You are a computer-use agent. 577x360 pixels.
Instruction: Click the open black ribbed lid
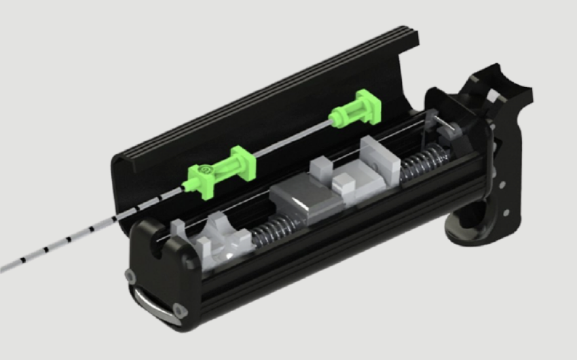[x=258, y=102]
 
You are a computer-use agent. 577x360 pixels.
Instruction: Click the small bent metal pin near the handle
[x=441, y=123]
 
